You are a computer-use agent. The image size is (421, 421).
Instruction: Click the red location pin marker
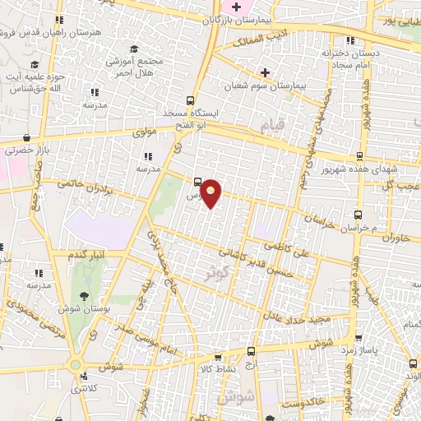[211, 192]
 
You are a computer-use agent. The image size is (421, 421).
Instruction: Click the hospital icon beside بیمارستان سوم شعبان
[265, 72]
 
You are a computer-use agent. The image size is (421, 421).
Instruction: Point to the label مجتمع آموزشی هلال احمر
[135, 67]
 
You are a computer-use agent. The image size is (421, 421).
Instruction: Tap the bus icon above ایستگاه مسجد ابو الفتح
[191, 96]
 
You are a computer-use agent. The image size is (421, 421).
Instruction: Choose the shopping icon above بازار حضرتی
[28, 138]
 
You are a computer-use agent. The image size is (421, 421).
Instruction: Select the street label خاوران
[395, 237]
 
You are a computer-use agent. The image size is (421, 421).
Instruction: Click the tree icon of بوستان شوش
[82, 296]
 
